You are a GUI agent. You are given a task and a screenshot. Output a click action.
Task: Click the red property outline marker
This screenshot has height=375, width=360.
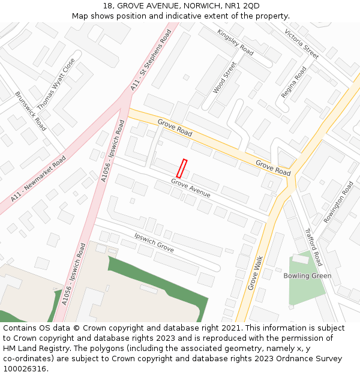pos(182,169)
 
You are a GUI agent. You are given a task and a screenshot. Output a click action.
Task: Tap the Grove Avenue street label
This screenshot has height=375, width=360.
pos(190,188)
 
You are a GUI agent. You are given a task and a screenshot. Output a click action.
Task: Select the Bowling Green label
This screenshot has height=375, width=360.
pos(307,276)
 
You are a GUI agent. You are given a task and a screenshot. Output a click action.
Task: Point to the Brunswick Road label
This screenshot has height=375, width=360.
pos(31,111)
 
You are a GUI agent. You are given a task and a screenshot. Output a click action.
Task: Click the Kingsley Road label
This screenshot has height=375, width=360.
pos(235,42)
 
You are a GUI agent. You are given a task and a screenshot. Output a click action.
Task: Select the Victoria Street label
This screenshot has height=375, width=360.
pos(301,44)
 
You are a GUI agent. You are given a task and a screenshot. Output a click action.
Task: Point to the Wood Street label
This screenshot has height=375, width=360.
pos(224,77)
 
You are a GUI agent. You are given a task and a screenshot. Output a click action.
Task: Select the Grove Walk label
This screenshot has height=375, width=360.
pos(256,273)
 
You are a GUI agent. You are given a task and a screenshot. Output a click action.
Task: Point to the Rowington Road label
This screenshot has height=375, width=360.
pos(338,202)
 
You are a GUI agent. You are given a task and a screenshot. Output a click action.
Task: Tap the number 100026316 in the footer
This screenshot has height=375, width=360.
pos(25,368)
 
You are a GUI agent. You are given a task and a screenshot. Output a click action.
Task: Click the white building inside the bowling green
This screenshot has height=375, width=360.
pos(300,259)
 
